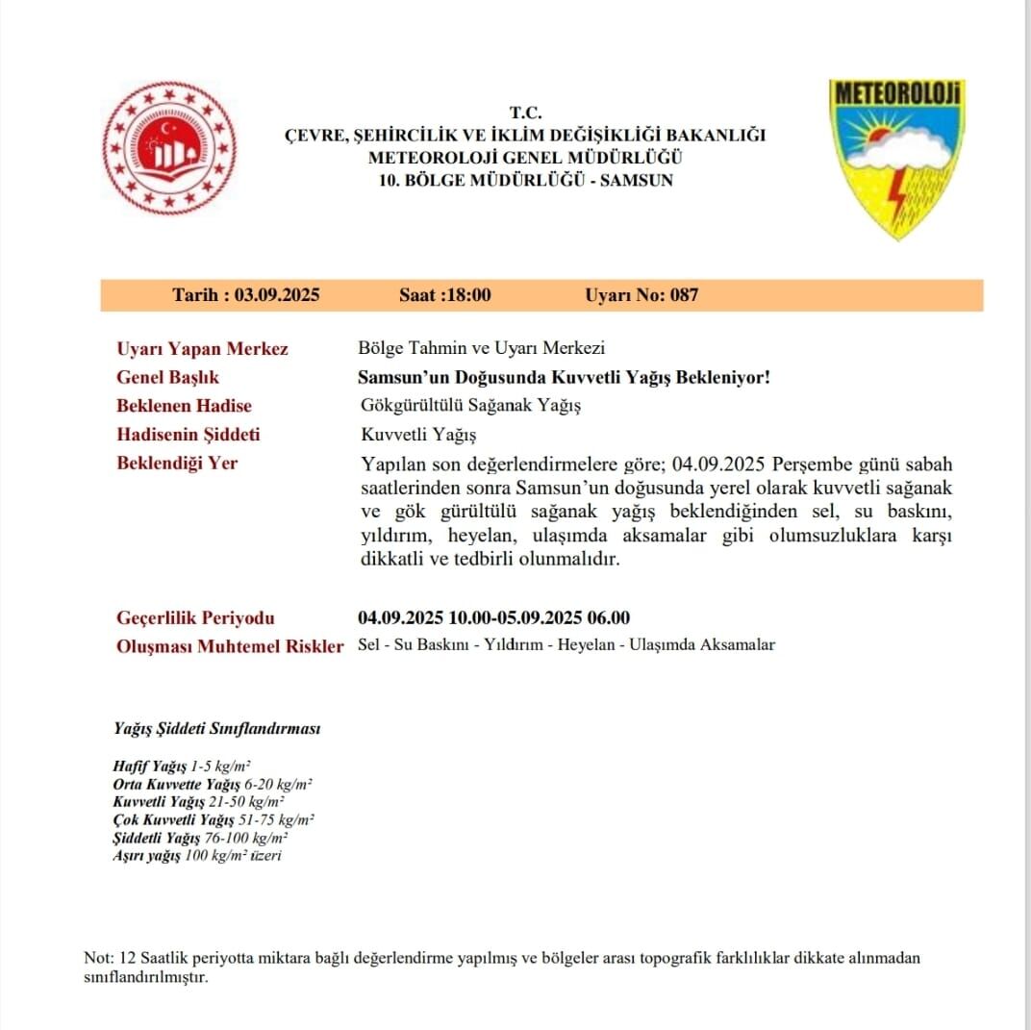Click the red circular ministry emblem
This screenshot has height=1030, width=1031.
pos(169,148)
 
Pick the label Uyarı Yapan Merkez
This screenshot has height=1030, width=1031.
pos(202,349)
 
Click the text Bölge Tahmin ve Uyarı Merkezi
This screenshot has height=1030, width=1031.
pos(481,349)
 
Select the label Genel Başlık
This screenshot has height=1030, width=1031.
pos(167,378)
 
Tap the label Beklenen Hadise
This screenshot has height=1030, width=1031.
pos(184,406)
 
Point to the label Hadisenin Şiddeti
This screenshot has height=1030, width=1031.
pos(188,435)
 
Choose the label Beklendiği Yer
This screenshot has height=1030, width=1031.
pos(176,463)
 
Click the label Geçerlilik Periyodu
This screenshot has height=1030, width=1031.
pos(195,617)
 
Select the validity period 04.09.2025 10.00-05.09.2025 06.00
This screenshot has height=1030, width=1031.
pos(493,617)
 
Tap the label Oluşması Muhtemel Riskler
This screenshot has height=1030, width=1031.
pos(229,646)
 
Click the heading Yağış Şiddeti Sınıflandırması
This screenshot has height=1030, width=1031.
pos(216,729)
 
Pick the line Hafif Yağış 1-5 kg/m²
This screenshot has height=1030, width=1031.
pos(182,766)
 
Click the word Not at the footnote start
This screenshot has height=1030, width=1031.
pos(97,959)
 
